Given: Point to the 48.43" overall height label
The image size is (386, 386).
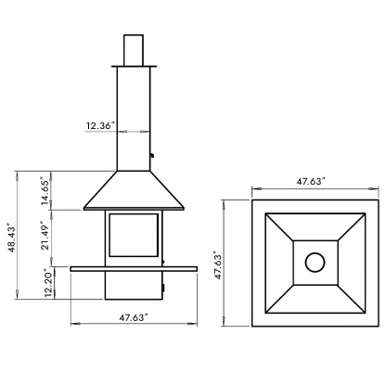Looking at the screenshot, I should click(10, 237).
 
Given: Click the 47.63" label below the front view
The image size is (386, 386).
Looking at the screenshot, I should click(134, 316).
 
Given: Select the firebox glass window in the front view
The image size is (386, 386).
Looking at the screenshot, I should click(133, 235).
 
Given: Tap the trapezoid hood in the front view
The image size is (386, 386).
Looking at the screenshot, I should click(134, 190).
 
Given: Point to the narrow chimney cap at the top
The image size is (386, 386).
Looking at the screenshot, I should click(134, 48).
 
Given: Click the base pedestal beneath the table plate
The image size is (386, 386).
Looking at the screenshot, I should click(134, 287).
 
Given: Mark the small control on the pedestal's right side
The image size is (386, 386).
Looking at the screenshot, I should click(165, 289).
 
